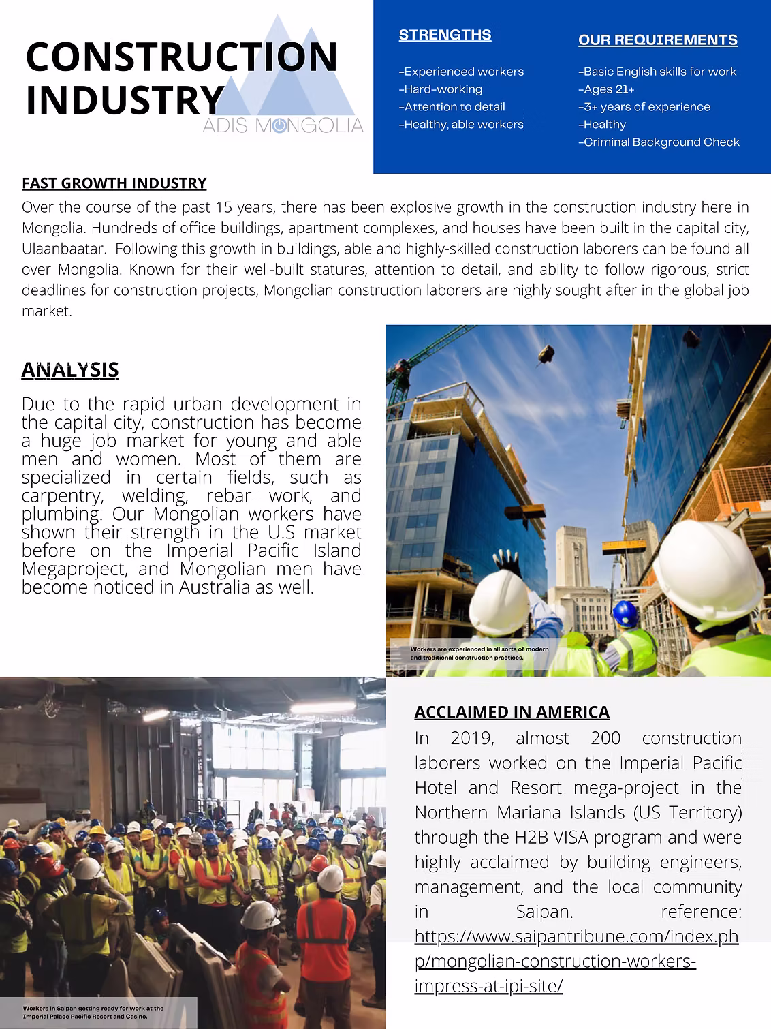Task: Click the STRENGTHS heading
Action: click(x=445, y=35)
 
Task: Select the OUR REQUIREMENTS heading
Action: click(x=657, y=40)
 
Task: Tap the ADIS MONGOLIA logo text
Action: click(x=283, y=125)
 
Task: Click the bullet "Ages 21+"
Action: click(x=607, y=89)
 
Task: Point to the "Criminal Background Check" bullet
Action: click(x=659, y=142)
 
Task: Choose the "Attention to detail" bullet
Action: click(x=452, y=107)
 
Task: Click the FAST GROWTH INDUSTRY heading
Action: click(x=114, y=183)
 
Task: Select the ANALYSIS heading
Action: click(x=70, y=370)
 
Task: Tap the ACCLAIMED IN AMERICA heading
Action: click(x=512, y=712)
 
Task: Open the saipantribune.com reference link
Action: click(x=576, y=961)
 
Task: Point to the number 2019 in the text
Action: click(x=472, y=738)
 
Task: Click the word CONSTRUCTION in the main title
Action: click(x=181, y=57)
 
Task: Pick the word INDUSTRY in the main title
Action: click(x=125, y=100)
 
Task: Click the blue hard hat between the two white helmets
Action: click(x=625, y=613)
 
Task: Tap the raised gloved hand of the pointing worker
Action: click(x=507, y=563)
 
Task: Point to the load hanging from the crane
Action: click(x=546, y=353)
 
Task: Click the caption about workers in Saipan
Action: click(x=93, y=1012)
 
